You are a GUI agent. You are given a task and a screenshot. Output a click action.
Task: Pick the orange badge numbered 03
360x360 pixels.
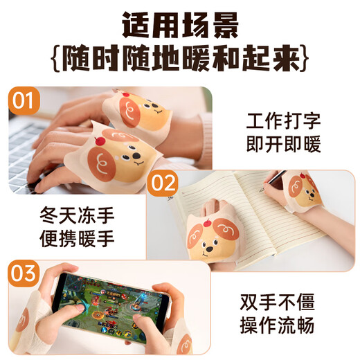[x=24, y=273]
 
